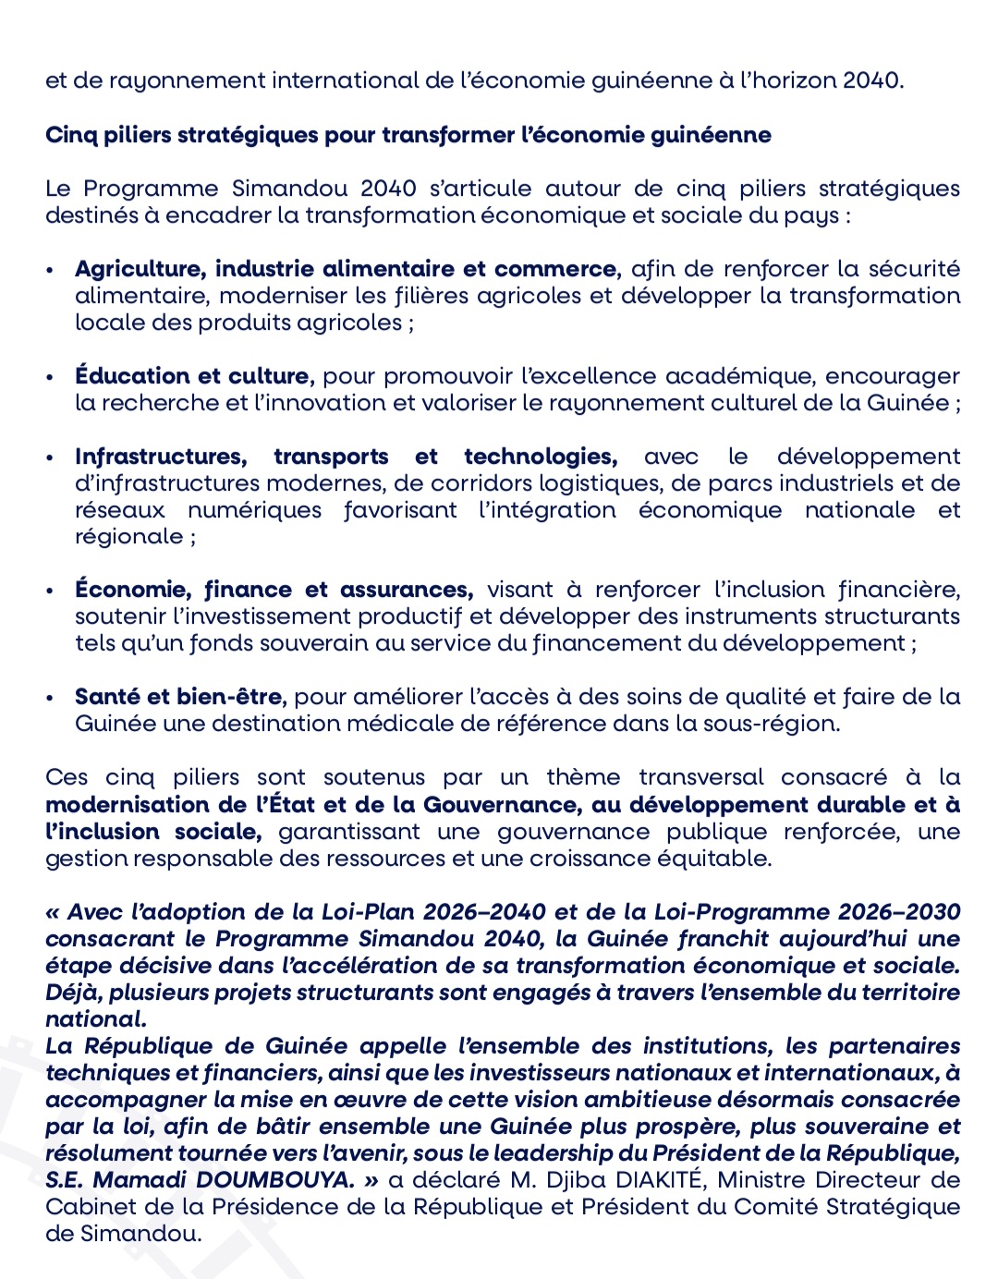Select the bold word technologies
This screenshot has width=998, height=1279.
(540, 457)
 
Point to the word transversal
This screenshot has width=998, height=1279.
(701, 778)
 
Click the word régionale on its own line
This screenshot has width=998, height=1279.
(128, 537)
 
